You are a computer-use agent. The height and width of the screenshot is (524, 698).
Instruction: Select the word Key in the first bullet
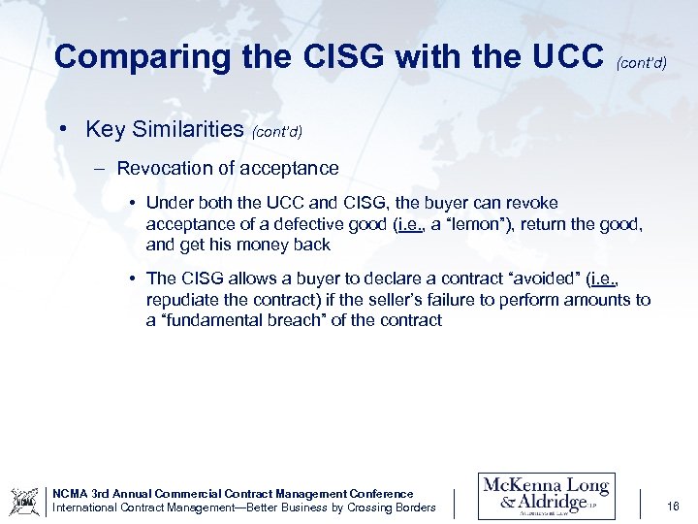(103, 129)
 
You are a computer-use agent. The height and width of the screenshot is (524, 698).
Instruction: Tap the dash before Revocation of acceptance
(100, 168)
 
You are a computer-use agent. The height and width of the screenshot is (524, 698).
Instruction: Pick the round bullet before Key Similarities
(61, 129)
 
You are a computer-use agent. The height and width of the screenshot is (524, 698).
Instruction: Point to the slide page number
(674, 506)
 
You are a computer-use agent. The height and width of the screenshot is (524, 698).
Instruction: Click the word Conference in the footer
(382, 494)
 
